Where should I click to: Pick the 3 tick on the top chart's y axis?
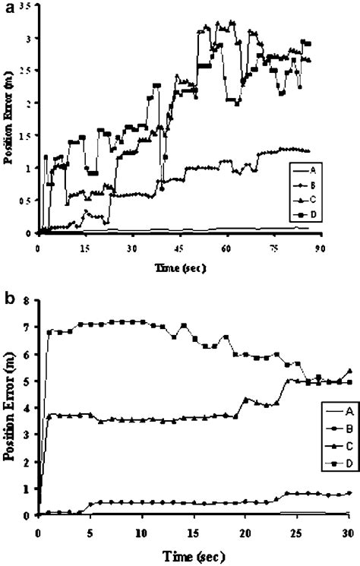click(x=29, y=37)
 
